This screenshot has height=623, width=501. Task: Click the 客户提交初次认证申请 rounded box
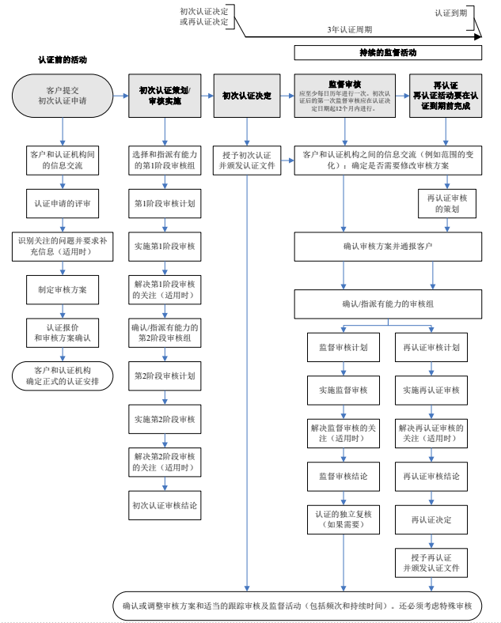(63, 96)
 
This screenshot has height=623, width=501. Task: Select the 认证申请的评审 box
(63, 203)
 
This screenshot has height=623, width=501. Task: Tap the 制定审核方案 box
(63, 289)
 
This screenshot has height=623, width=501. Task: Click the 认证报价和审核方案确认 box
(63, 333)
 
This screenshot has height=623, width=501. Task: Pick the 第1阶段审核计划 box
(165, 203)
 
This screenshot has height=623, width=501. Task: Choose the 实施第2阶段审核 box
(165, 418)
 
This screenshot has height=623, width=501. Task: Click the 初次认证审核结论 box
(165, 504)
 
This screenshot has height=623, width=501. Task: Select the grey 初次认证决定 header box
(247, 96)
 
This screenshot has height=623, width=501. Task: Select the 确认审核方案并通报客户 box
(388, 246)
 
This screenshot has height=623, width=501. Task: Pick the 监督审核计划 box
(343, 347)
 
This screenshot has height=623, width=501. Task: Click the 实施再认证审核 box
(431, 391)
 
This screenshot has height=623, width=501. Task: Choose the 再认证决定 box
(431, 519)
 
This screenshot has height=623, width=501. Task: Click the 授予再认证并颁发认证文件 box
(431, 563)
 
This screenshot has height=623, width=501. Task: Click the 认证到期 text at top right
(450, 13)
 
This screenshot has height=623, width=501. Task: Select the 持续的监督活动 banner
(388, 52)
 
